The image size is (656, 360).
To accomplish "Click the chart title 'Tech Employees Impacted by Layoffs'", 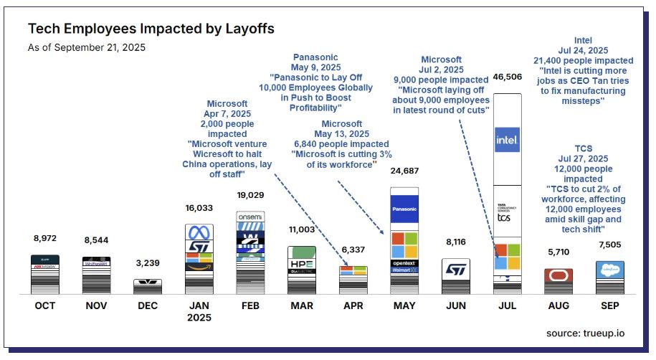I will [151, 29].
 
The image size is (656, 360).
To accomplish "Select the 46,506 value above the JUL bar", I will [508, 76].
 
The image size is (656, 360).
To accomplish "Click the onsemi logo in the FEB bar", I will [250, 216].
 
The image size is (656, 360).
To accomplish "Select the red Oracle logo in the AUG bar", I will [558, 275].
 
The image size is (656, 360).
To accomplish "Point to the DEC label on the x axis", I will [146, 306].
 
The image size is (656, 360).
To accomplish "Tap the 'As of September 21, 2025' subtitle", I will [86, 49].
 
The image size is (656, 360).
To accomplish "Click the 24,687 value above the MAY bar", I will [404, 171].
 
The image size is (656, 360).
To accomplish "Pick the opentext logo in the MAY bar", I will [404, 262].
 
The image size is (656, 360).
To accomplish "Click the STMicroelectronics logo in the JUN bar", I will [456, 270].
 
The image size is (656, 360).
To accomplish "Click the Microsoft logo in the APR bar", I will [353, 271].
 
